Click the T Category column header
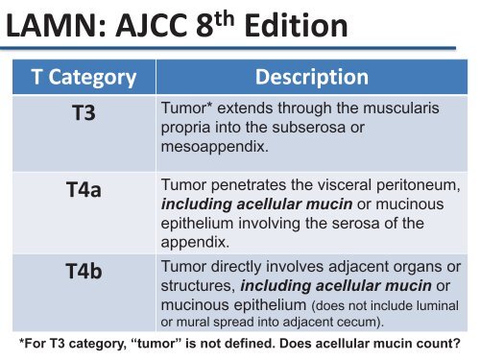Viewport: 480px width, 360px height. (x=82, y=76)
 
